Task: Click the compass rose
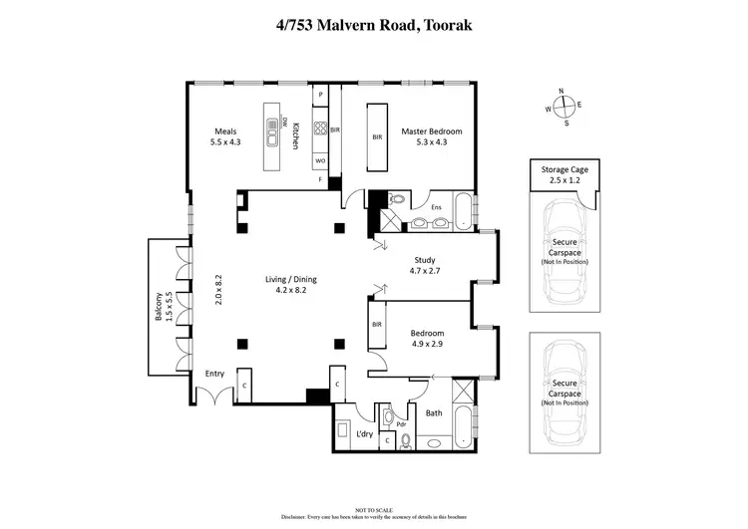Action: pos(563,106)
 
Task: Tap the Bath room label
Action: pos(433,412)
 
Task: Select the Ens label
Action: pos(436,208)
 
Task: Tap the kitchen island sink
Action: pos(270,131)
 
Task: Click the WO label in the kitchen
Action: pos(320,159)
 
